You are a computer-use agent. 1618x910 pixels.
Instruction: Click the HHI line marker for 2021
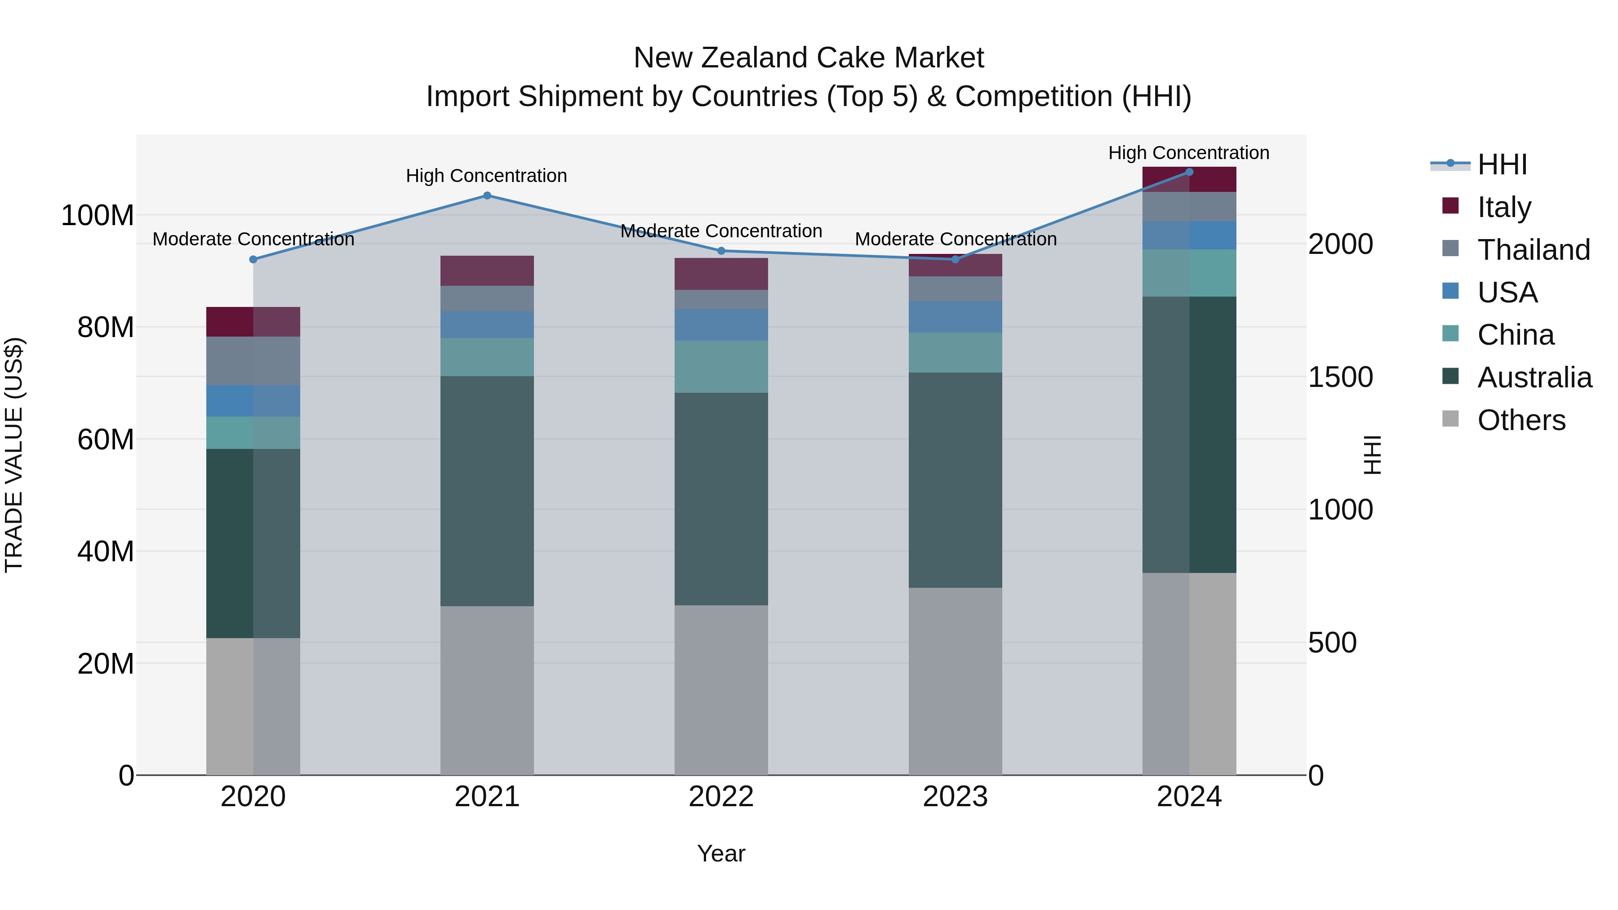[x=487, y=195]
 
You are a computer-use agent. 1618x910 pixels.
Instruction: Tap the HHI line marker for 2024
[x=1189, y=172]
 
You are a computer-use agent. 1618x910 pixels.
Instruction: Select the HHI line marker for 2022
[x=721, y=251]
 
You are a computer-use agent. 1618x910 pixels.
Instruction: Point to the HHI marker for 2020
[x=253, y=259]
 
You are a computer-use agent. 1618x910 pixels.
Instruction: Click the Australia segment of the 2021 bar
[x=487, y=491]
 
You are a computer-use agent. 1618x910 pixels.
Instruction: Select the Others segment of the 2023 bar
[x=956, y=681]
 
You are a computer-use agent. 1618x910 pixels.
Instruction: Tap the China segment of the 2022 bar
[x=721, y=367]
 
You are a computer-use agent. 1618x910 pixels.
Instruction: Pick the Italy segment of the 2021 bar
[x=487, y=271]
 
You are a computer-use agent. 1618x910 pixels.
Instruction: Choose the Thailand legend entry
[x=1533, y=250]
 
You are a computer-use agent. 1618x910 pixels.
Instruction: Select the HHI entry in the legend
[x=1502, y=164]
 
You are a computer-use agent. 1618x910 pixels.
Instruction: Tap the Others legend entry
[x=1520, y=420]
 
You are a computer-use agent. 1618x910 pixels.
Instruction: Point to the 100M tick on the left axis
[x=98, y=215]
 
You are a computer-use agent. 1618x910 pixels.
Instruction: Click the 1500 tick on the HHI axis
[x=1340, y=377]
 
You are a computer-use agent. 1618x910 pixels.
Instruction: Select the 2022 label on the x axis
[x=721, y=797]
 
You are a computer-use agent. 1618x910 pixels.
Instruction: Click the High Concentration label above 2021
[x=486, y=176]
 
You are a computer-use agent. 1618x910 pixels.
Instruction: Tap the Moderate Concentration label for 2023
[x=956, y=239]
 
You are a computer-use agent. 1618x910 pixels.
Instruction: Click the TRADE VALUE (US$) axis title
[x=14, y=455]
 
